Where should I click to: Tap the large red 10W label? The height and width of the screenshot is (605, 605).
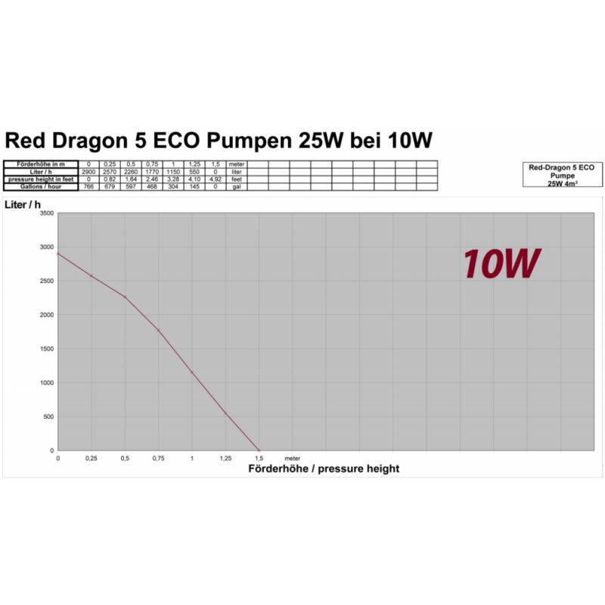[x=501, y=263]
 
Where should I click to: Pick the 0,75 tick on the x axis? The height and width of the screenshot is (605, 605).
[x=158, y=458]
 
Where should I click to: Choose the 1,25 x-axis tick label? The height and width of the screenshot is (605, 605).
[x=225, y=458]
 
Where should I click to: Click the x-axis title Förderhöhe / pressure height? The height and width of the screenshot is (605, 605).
[x=324, y=469]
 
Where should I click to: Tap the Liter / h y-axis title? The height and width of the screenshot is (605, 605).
[x=22, y=204]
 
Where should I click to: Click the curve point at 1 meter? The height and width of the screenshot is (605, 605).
[x=192, y=372]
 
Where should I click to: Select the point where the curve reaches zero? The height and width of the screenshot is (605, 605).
[x=259, y=450]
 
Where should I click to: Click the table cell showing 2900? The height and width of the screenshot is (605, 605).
[x=88, y=172]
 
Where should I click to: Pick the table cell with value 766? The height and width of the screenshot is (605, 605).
[x=88, y=187]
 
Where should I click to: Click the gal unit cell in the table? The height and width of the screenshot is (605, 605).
[x=236, y=187]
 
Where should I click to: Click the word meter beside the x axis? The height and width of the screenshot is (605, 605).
[x=292, y=458]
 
